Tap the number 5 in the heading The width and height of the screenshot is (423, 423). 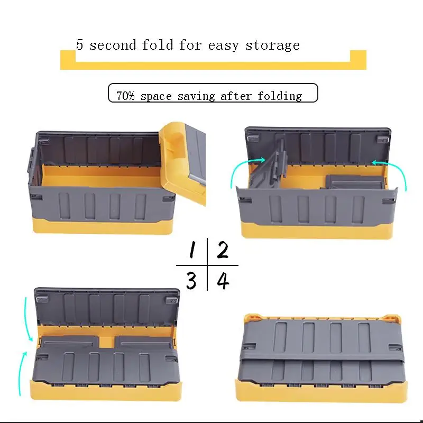[80, 44]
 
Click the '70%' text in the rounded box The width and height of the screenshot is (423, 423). [126, 96]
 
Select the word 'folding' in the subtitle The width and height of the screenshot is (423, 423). [280, 96]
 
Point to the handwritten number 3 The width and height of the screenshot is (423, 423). [191, 280]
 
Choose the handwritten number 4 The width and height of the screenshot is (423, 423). [223, 280]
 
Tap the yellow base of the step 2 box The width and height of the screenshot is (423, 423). [317, 229]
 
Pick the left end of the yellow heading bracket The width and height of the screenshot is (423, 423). [68, 59]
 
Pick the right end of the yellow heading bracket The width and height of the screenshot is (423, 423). [358, 59]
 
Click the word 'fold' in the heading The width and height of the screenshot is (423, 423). [157, 45]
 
